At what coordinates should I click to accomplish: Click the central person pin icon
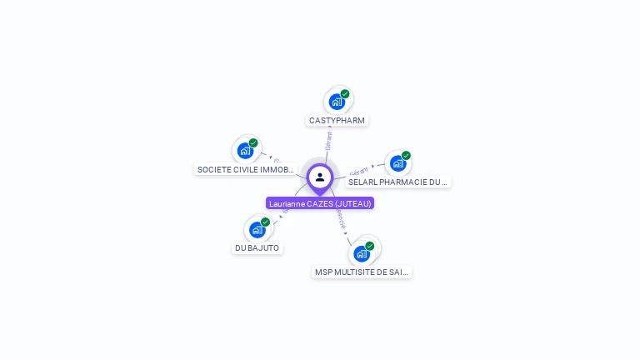(x=320, y=177)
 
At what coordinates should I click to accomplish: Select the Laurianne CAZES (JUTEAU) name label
(x=320, y=203)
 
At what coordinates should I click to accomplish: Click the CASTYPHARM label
(x=337, y=120)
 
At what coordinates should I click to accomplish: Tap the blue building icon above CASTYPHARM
(x=336, y=102)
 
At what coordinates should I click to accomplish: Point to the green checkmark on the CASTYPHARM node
(x=345, y=94)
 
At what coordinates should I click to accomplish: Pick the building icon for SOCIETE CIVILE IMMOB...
(x=244, y=151)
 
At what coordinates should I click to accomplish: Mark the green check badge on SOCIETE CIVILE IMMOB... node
(x=253, y=143)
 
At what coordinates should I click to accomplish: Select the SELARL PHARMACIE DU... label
(x=397, y=182)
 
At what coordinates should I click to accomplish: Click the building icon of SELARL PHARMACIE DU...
(x=397, y=163)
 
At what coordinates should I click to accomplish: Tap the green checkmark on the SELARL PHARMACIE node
(x=407, y=156)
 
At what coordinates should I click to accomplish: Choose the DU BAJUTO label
(x=257, y=247)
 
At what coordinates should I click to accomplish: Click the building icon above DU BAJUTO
(x=257, y=229)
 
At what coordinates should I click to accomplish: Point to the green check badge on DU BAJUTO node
(x=266, y=222)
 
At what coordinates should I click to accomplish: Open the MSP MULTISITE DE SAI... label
(x=362, y=272)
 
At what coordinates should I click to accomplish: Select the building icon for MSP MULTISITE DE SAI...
(x=361, y=253)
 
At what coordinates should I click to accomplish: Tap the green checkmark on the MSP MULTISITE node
(x=370, y=246)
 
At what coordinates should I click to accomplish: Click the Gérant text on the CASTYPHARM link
(x=329, y=140)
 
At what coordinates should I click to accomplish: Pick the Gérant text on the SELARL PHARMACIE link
(x=359, y=170)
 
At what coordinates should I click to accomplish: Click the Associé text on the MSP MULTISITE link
(x=340, y=217)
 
